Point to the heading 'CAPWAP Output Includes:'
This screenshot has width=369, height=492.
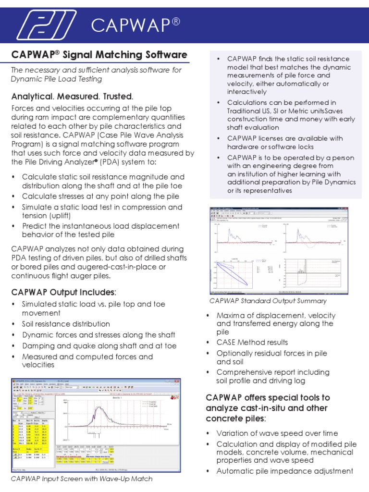point(64,292)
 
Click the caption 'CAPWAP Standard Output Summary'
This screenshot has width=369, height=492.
point(268,301)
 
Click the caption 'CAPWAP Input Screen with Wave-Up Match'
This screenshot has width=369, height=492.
point(82,479)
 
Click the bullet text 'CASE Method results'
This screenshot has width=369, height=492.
point(252,342)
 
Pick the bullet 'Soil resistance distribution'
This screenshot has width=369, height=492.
point(66,324)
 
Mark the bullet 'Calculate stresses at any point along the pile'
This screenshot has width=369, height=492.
point(100,196)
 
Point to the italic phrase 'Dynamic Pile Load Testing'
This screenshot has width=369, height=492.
point(56,79)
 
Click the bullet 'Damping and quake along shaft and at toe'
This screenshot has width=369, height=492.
point(99,345)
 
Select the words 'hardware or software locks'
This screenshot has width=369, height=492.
point(271,147)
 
